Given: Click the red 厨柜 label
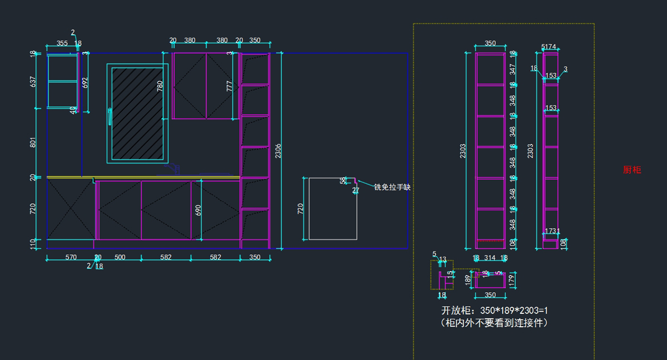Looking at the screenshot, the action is pyautogui.click(x=632, y=170).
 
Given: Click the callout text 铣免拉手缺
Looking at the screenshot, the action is pyautogui.click(x=392, y=188).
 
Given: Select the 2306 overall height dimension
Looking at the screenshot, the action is pyautogui.click(x=278, y=151).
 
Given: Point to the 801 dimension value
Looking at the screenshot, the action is pyautogui.click(x=33, y=142).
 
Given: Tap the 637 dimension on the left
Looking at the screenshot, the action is pyautogui.click(x=33, y=82).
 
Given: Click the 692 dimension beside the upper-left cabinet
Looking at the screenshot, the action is pyautogui.click(x=85, y=82).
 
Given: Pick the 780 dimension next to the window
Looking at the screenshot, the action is pyautogui.click(x=160, y=86).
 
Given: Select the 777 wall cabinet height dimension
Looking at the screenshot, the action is pyautogui.click(x=230, y=86).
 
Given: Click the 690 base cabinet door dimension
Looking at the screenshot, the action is pyautogui.click(x=198, y=210).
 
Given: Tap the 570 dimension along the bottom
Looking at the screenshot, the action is pyautogui.click(x=71, y=257).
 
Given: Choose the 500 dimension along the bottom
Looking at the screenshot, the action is pyautogui.click(x=120, y=257).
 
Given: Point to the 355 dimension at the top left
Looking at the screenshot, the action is pyautogui.click(x=62, y=43).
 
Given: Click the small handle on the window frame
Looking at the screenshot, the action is pyautogui.click(x=110, y=117).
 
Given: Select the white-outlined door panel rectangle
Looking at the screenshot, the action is pyautogui.click(x=332, y=209).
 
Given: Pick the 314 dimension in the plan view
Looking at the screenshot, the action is pyautogui.click(x=490, y=258).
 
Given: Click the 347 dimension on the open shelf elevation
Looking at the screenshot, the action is pyautogui.click(x=512, y=69).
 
